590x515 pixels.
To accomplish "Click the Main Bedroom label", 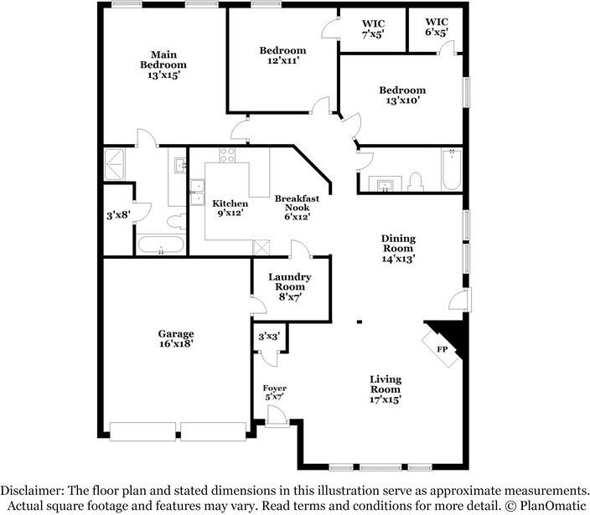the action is pos(163,64).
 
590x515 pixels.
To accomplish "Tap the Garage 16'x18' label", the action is pos(176,338).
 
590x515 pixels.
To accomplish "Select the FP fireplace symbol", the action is pos(442,349).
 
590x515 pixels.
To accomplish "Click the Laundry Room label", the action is pos(290,287).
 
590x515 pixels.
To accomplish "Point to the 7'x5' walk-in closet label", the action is pos(373,29).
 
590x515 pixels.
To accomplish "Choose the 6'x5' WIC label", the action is pos(437,27).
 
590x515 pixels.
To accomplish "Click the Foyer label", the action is pos(275,393).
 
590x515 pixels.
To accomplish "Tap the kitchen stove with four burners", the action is pos(227,155).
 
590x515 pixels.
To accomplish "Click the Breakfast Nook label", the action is pos(297,207).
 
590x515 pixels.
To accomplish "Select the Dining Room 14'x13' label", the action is pos(398,249).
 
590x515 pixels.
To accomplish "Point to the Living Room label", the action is pos(386,389).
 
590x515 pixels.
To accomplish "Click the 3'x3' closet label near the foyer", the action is pos(269,336).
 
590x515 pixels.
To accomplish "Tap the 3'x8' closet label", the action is pos(118,215).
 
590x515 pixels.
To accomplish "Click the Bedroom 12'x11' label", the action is pos(283,55).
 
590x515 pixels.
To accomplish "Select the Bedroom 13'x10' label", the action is pos(402,95).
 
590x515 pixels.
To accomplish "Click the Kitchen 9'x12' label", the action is pos(230,209).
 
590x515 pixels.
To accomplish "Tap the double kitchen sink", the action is pos(197,193).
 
